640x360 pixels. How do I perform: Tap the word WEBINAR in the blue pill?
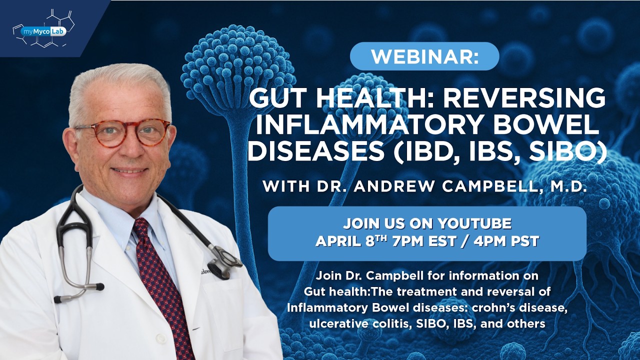coord(421,56)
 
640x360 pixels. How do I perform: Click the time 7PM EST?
coord(424,241)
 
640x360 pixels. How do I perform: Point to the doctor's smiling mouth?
coord(129,170)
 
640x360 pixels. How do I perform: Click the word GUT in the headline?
coord(275,98)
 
